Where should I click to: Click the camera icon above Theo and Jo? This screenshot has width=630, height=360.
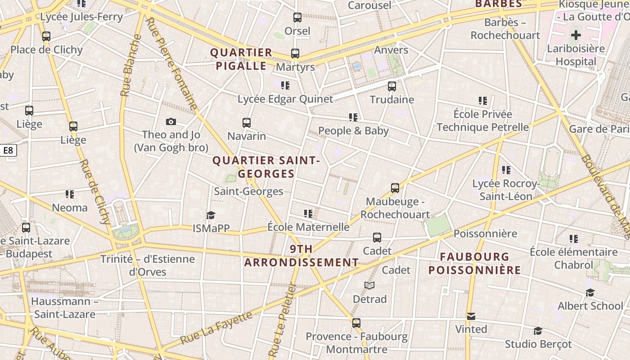pos(171,121)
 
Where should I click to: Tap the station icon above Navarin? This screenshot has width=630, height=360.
pos(247,122)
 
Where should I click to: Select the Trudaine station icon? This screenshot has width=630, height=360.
pos(392,86)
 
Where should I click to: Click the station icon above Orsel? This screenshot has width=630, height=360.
pos(297,18)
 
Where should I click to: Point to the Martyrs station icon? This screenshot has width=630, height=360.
pos(295,54)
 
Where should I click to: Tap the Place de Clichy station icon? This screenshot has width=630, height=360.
pos(46,36)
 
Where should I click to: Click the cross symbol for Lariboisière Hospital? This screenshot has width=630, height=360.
pos(576,35)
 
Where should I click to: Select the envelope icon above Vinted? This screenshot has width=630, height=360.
pos(471,316)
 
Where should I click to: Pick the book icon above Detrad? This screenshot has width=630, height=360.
pos(369,286)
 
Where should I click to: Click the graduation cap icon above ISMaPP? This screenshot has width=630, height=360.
pos(211,215)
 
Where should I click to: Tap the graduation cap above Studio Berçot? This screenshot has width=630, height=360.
pos(538,331)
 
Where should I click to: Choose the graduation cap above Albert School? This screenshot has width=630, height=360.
pos(590,293)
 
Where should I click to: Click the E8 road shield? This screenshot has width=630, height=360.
pos(8,150)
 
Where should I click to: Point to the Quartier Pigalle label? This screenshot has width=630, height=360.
pos(241,59)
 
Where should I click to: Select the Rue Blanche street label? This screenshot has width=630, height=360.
pos(130,65)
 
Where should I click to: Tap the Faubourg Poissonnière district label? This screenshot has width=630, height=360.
pos(474,263)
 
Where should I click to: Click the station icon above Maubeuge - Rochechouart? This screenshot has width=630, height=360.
pos(395,188)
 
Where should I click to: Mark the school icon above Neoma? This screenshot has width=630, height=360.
pos(70,194)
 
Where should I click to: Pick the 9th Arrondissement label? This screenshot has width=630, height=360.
pos(301,256)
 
